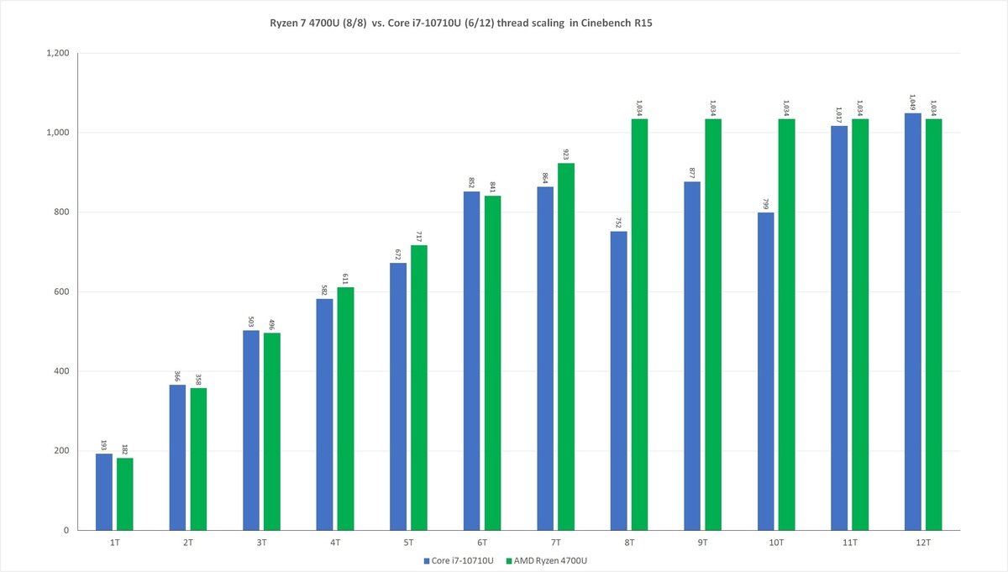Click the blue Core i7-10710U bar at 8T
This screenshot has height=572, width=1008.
[618, 380]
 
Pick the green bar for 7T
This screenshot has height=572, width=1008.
[565, 346]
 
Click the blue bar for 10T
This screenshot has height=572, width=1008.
[765, 371]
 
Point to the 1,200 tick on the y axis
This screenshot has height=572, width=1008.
[59, 53]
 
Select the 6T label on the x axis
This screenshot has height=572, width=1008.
[482, 543]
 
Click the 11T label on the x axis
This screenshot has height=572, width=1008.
[849, 543]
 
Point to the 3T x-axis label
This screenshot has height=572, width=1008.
[261, 543]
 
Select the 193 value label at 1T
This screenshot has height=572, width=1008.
[104, 443]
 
